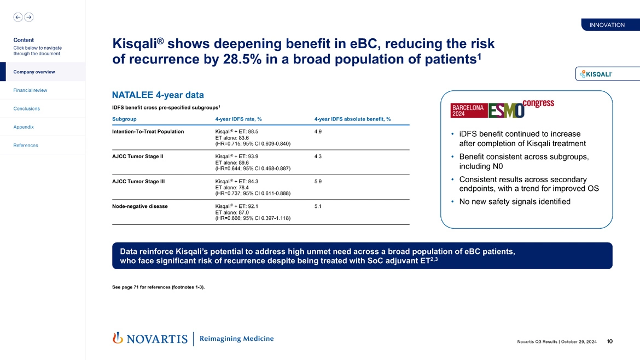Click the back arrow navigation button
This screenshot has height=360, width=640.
[18, 17]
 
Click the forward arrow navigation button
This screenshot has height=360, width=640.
[28, 17]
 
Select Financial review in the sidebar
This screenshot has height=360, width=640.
[30, 90]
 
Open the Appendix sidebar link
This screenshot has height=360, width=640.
[24, 127]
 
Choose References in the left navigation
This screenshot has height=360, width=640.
[25, 146]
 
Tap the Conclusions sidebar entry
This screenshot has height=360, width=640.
[26, 108]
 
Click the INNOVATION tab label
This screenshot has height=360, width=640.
[607, 25]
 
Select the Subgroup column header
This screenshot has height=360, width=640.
[124, 119]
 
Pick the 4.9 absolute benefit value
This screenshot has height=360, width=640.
[318, 132]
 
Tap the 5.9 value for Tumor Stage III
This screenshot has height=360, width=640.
[318, 182]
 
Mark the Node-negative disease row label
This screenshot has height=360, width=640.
[139, 206]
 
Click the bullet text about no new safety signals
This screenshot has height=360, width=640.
[515, 202]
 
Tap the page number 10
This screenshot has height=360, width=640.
[609, 342]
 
